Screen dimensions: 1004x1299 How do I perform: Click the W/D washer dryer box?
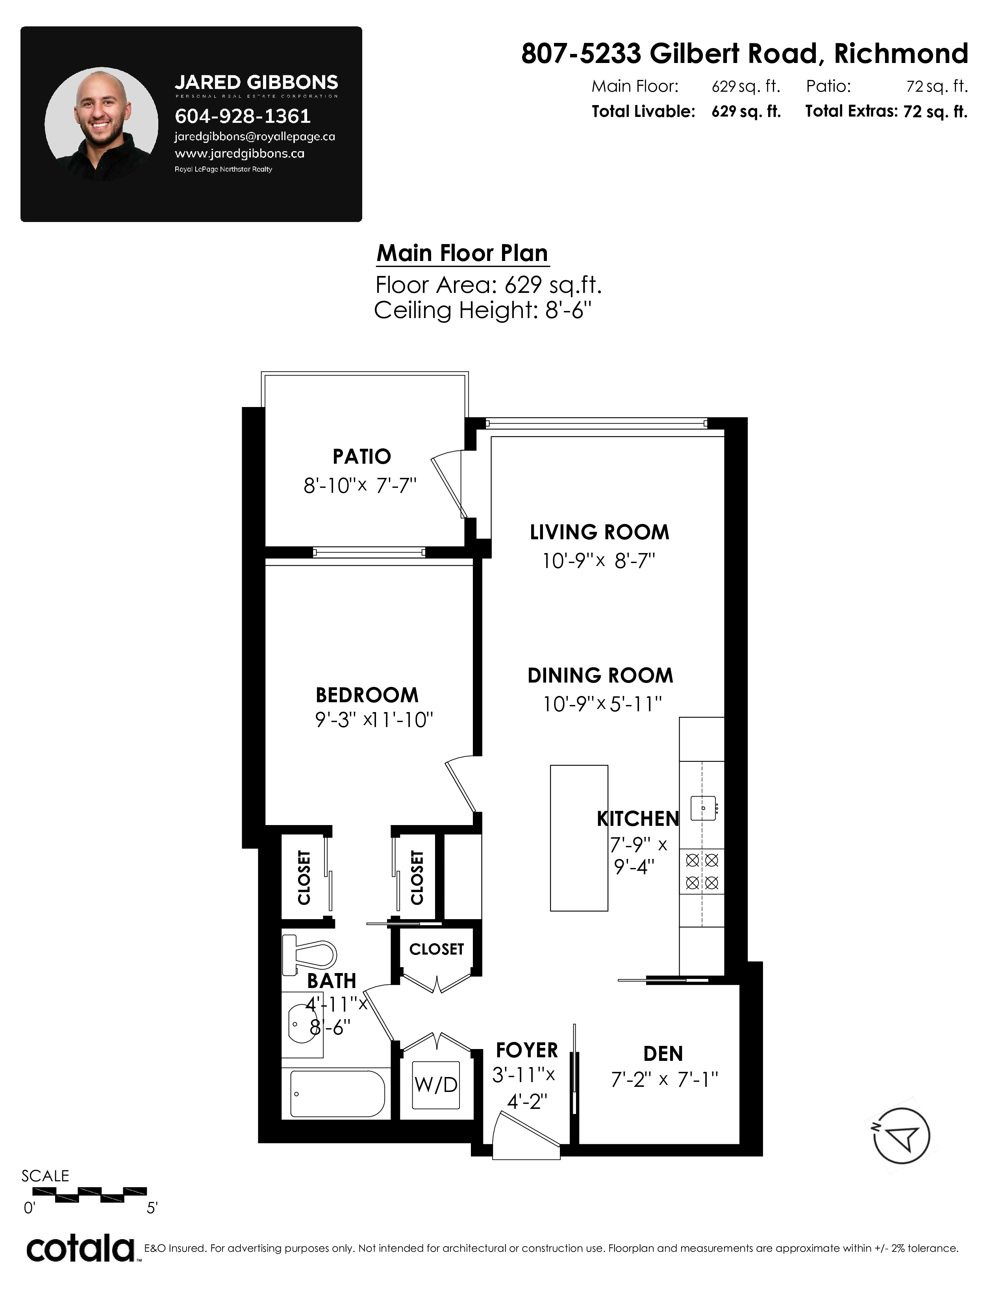click(436, 1084)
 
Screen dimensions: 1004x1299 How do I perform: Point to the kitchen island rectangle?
click(579, 838)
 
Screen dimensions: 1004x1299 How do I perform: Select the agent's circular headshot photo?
click(102, 123)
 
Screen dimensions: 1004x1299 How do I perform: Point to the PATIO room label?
click(361, 456)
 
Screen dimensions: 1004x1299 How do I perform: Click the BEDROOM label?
click(367, 695)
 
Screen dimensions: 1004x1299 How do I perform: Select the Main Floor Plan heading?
click(462, 254)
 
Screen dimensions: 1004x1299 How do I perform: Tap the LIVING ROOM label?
click(600, 532)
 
